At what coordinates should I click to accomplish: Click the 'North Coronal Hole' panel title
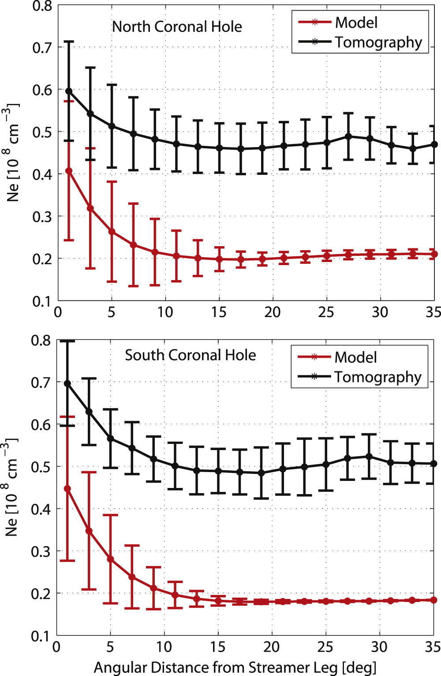[x=177, y=27]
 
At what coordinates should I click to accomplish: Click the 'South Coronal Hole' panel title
[x=190, y=355]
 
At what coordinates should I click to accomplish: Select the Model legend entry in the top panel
[x=356, y=22]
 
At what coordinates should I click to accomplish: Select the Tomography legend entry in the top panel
[x=378, y=42]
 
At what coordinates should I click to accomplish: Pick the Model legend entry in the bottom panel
[x=355, y=357]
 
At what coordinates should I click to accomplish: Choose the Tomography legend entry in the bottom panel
[x=377, y=377]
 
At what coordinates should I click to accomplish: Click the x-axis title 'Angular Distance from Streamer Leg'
[x=235, y=667]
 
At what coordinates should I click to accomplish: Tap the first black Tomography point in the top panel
[x=69, y=91]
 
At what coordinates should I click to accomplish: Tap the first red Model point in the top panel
[x=69, y=171]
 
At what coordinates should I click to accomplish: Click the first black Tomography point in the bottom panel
[x=67, y=384]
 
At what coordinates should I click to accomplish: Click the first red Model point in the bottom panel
[x=67, y=489]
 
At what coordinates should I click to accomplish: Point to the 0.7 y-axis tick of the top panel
[x=42, y=48]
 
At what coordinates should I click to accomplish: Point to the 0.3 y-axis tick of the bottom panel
[x=41, y=551]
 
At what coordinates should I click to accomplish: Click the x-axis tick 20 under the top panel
[x=272, y=312]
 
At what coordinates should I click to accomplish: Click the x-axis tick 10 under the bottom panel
[x=164, y=647]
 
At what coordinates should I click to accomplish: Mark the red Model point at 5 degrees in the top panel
[x=112, y=232]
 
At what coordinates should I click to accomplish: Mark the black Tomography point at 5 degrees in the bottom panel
[x=111, y=439]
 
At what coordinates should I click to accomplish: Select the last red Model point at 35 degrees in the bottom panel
[x=434, y=600]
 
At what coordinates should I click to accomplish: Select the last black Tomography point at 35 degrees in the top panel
[x=434, y=144]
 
